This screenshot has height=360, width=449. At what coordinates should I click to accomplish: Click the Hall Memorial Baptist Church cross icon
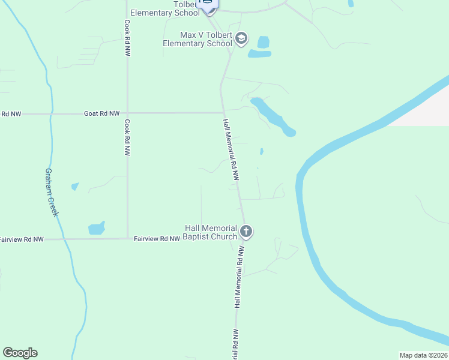pyautogui.click(x=246, y=232)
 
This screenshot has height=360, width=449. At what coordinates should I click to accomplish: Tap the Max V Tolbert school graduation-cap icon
pyautogui.click(x=241, y=40)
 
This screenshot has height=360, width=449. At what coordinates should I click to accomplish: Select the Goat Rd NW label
pyautogui.click(x=102, y=113)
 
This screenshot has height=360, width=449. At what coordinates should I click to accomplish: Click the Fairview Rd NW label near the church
pyautogui.click(x=157, y=239)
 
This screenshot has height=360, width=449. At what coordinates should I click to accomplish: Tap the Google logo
pyautogui.click(x=20, y=353)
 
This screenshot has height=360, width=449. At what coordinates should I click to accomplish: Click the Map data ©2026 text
pyautogui.click(x=423, y=355)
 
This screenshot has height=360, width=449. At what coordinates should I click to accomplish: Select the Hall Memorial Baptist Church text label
pyautogui.click(x=211, y=232)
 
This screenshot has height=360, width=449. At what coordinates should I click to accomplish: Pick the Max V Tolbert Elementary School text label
pyautogui.click(x=198, y=40)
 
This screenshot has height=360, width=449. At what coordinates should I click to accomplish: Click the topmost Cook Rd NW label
pyautogui.click(x=127, y=38)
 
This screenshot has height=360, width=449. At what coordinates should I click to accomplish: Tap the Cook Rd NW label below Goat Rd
pyautogui.click(x=127, y=138)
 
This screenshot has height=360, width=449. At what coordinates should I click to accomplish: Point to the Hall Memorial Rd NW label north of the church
pyautogui.click(x=231, y=150)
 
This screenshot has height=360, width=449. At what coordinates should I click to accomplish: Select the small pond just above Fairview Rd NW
pyautogui.click(x=96, y=228)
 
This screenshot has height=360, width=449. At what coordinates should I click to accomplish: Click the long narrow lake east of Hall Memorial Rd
pyautogui.click(x=273, y=116)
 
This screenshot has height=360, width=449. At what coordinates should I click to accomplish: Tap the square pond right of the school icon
pyautogui.click(x=263, y=42)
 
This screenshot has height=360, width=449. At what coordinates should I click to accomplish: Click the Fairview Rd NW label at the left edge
pyautogui.click(x=22, y=239)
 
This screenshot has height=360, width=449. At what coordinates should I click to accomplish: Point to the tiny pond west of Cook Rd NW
pyautogui.click(x=75, y=187)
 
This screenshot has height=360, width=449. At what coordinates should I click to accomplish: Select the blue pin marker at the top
pyautogui.click(x=207, y=5)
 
